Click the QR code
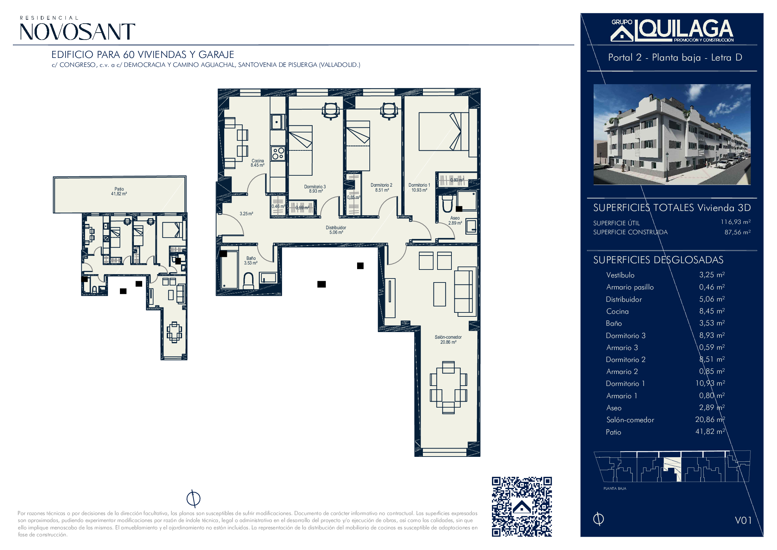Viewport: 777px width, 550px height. coord(522,507)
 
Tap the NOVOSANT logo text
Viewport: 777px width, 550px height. coord(77,32)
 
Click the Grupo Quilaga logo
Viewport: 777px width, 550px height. coord(672,31)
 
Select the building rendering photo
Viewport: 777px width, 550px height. coord(672,134)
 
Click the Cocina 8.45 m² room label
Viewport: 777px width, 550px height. coord(257,163)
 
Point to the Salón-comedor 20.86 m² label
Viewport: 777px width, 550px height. coord(448,340)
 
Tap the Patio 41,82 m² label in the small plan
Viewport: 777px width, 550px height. coord(119,191)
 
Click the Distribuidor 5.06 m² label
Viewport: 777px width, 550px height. coord(336,230)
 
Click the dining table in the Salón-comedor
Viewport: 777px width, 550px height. coord(448,387)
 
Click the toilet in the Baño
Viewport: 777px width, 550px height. coord(249,280)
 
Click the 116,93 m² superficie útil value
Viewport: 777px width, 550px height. coord(736,222)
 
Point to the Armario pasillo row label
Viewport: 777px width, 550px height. coord(630,287)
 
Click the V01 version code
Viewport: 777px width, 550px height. coord(743,520)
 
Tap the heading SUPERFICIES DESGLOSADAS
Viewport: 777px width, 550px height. coord(658,260)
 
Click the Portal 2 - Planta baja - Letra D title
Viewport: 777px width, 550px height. coord(675,58)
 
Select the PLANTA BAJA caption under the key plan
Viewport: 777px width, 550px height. coord(615,488)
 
